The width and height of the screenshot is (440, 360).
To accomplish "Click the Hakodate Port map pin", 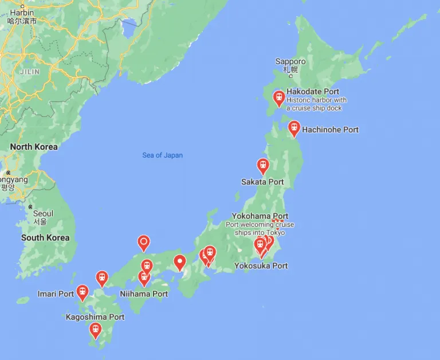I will coord(279,98).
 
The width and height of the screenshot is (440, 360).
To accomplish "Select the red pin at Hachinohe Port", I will coord(294,128).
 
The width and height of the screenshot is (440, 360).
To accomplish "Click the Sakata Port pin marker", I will coord(263,166).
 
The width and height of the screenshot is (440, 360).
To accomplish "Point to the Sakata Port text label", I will coord(262,182).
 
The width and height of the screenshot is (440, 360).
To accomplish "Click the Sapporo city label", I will coord(290,62).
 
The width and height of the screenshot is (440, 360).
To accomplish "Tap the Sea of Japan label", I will coord(163,155).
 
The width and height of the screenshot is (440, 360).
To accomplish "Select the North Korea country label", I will coord(34,147).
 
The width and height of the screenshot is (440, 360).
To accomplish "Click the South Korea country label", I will coord(45,237).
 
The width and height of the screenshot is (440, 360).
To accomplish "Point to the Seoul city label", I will coord(43,214).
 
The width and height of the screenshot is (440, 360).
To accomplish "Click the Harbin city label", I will coord(22,13).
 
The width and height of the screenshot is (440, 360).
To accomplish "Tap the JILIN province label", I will coord(30,72).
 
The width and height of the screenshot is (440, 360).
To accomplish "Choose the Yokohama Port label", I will coord(260,216).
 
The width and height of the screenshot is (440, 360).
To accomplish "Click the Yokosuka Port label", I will coord(261,266).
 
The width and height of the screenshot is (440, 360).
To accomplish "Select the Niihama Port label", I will coord(144,294).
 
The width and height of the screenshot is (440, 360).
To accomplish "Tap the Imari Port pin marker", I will coord(82,292).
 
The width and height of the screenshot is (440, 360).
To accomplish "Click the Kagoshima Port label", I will coord(95,317).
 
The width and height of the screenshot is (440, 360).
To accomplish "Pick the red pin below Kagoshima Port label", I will coord(96,330).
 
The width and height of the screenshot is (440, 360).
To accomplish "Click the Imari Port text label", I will coord(56,294).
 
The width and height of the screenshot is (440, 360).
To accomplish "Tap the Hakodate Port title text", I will coord(313,92).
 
